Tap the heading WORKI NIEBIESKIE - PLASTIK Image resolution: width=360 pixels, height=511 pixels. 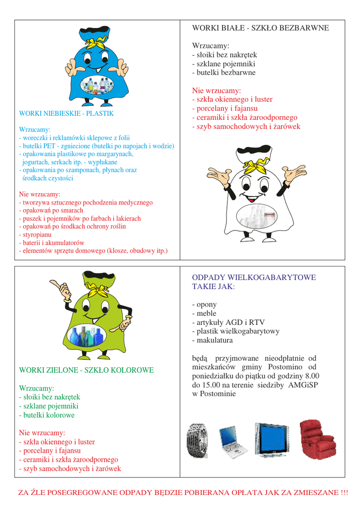pos(66,114)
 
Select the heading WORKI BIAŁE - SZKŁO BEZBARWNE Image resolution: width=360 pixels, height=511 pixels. pos(260,28)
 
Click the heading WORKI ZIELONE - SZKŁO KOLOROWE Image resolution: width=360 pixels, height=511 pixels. pos(86,370)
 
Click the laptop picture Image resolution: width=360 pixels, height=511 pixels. pos(233,441)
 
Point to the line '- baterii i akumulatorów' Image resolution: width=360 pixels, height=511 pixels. pos(51,243)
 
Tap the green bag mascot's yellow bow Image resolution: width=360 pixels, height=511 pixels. pos(100,289)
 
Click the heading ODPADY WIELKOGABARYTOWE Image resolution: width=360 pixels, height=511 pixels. pos(254,277)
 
